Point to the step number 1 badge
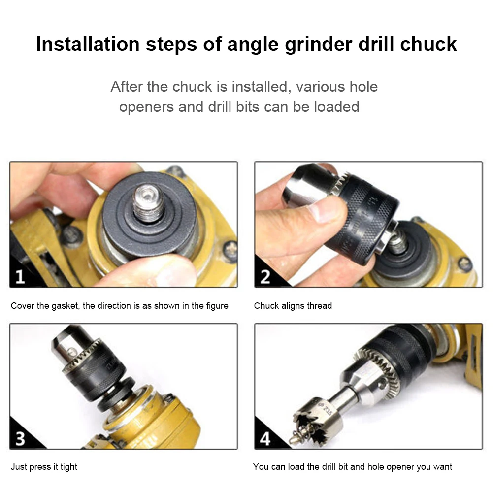[20, 277]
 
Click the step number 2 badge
[265, 277]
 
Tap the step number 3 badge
[20, 438]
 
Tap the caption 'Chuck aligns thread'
[293, 306]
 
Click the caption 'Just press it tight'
[44, 466]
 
